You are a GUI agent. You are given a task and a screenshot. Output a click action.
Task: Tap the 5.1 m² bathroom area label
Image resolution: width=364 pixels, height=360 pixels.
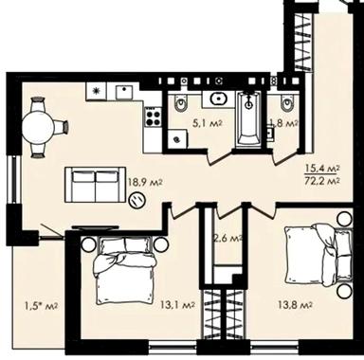(208, 122)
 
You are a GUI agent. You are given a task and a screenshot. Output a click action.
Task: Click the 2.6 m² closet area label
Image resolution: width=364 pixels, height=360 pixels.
(227, 237)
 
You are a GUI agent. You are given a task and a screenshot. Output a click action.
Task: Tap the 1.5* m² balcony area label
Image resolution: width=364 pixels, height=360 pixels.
(41, 305)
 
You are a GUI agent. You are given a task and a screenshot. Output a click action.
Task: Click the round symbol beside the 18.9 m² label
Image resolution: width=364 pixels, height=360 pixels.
(136, 201)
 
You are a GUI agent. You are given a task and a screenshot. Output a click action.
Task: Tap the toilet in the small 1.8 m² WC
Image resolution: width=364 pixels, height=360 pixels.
(286, 102)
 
